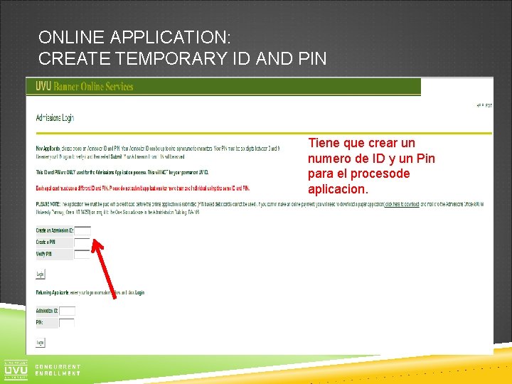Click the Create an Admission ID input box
point(82,230)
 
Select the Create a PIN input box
point(82,242)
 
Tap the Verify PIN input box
point(82,254)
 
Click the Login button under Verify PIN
point(41,274)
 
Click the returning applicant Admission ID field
point(67,311)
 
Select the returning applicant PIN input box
point(67,323)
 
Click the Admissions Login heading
point(55,118)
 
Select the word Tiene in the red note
point(324,143)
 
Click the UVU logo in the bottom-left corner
point(16,369)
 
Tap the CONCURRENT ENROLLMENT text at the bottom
point(58,370)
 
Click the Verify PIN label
point(44,254)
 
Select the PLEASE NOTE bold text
point(48,203)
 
